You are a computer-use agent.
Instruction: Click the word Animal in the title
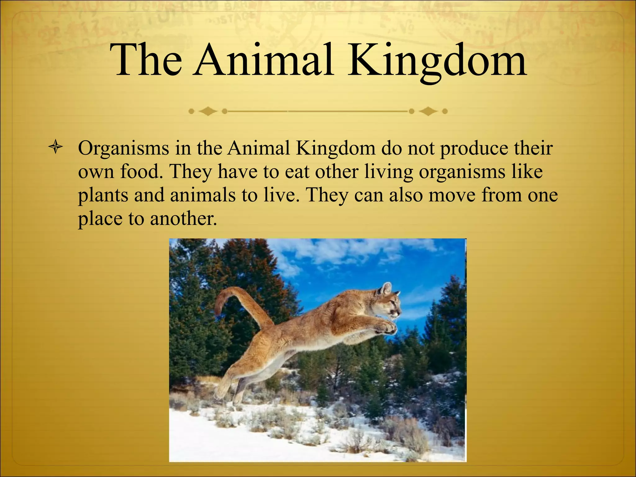coord(263,60)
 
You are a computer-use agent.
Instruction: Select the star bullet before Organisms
coord(56,148)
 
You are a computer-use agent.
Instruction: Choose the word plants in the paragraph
coord(103,196)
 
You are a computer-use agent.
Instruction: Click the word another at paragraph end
coord(183,219)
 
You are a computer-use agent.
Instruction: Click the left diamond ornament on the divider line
coord(208,111)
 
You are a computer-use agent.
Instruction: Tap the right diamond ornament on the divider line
coord(428,111)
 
